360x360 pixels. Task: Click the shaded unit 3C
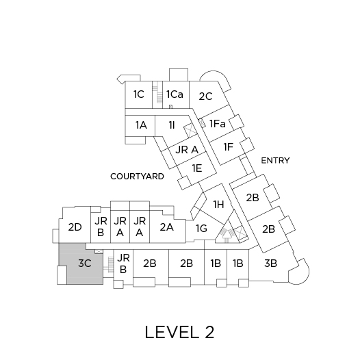pyautogui.click(x=84, y=263)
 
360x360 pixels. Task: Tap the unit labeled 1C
pyautogui.click(x=139, y=94)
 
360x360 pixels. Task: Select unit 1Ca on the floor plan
pyautogui.click(x=176, y=94)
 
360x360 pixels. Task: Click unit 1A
pyautogui.click(x=140, y=125)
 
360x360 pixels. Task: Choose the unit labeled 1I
pyautogui.click(x=172, y=126)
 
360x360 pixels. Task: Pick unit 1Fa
pyautogui.click(x=218, y=124)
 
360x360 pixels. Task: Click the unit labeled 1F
pyautogui.click(x=229, y=147)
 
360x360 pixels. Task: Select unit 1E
pyautogui.click(x=197, y=168)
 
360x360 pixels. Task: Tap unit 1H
pyautogui.click(x=218, y=205)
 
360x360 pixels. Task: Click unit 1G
pyautogui.click(x=202, y=229)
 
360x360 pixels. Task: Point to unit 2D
pyautogui.click(x=75, y=227)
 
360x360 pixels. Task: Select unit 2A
pyautogui.click(x=167, y=227)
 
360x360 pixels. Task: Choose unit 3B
pyautogui.click(x=271, y=263)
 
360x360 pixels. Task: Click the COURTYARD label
pyautogui.click(x=138, y=177)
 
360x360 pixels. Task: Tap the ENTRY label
pyautogui.click(x=275, y=160)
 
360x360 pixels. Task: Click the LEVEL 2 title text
pyautogui.click(x=179, y=332)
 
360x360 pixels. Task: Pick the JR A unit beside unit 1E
pyautogui.click(x=187, y=150)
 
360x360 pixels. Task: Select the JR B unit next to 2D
pyautogui.click(x=101, y=227)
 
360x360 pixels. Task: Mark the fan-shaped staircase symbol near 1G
pyautogui.click(x=227, y=233)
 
